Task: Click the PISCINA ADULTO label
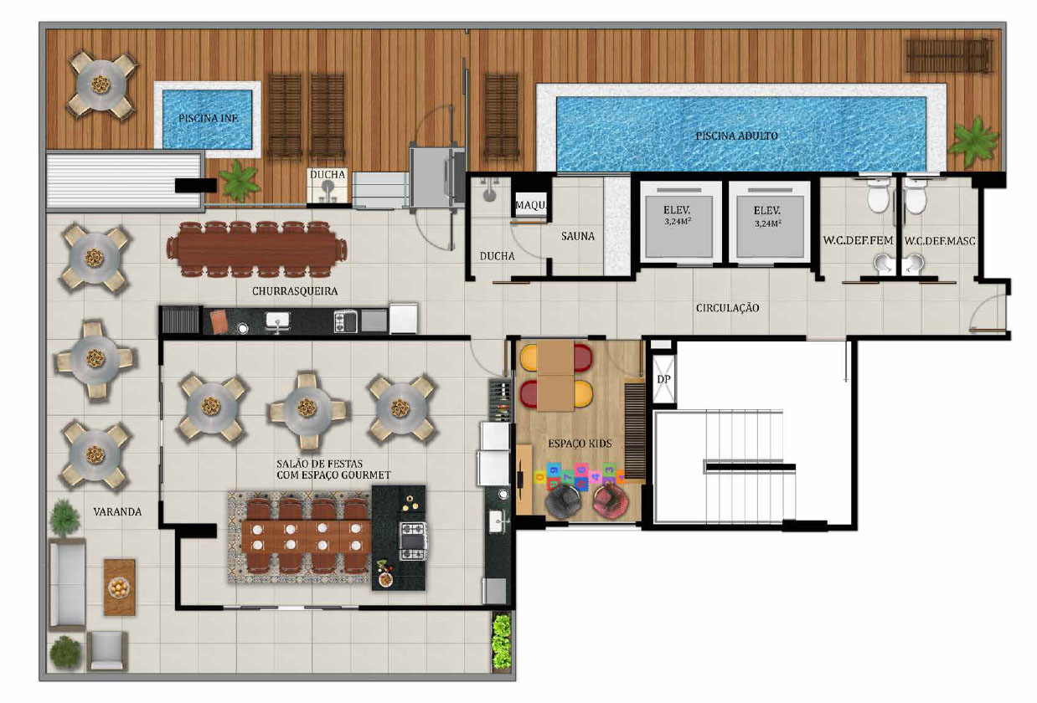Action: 736,136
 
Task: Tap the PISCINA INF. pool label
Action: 209,118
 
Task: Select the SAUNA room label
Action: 578,236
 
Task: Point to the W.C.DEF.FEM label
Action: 858,240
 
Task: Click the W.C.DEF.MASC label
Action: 940,241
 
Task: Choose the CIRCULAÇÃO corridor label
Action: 727,308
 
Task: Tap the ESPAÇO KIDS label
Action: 580,444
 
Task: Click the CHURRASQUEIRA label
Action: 295,291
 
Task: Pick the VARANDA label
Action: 117,512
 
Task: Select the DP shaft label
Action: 663,379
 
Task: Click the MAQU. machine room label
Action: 530,205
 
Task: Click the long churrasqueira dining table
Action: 257,249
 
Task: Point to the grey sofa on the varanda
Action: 68,585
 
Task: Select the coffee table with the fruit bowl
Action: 120,588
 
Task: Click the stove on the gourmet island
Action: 413,541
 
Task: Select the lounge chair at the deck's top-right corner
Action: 949,56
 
